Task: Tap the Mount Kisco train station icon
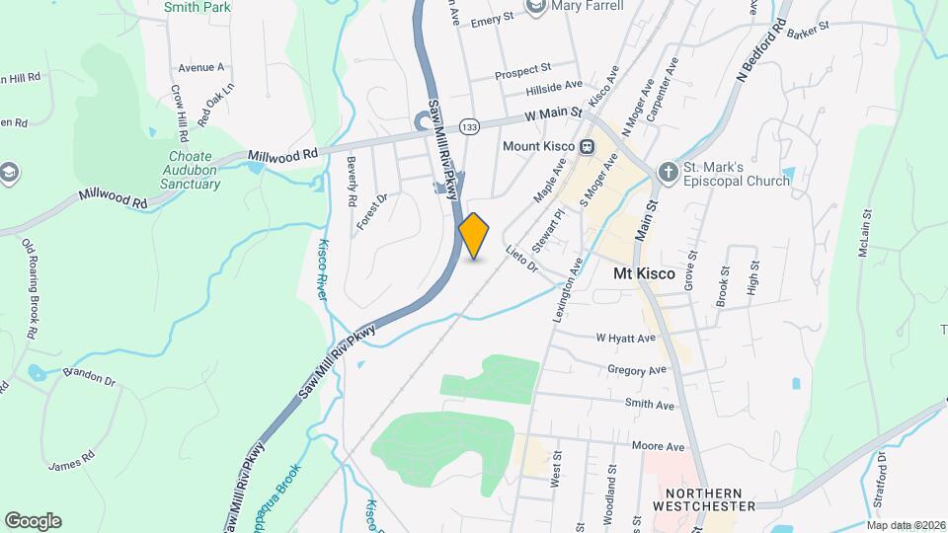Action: click(587, 147)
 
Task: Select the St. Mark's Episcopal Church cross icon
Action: click(668, 172)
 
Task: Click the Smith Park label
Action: click(197, 7)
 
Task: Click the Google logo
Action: click(33, 521)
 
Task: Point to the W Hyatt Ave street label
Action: click(625, 339)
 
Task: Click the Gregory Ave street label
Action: click(639, 371)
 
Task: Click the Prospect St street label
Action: click(522, 70)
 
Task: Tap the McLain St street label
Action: click(865, 232)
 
